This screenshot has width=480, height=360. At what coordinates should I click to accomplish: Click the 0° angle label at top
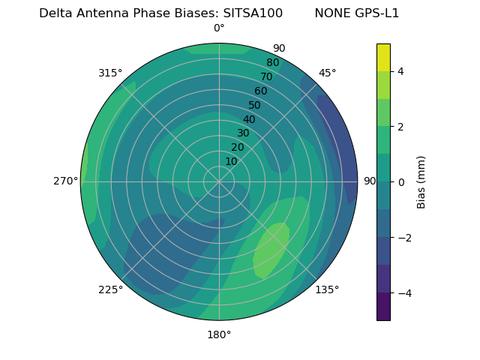click(x=219, y=28)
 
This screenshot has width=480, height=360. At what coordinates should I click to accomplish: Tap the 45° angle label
click(x=327, y=73)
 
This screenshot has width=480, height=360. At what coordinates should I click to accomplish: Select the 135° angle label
click(x=327, y=289)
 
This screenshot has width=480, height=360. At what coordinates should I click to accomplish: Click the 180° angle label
click(x=219, y=334)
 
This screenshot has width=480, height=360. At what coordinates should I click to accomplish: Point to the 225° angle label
click(x=110, y=289)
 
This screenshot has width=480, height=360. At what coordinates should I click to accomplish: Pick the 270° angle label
click(x=66, y=181)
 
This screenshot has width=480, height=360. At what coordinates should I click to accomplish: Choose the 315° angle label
click(x=110, y=73)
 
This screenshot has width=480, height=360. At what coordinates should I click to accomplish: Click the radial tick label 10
click(x=231, y=161)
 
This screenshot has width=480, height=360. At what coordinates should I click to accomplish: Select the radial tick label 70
click(x=267, y=76)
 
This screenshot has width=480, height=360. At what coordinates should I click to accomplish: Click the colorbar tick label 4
click(x=401, y=71)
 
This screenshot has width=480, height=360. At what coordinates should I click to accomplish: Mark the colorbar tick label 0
click(x=401, y=182)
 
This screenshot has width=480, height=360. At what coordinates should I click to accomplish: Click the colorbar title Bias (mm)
click(x=421, y=181)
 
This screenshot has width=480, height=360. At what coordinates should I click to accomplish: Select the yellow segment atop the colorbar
click(x=383, y=57)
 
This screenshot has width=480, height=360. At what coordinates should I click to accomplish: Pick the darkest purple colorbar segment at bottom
click(x=383, y=307)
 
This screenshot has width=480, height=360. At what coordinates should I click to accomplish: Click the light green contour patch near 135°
click(x=270, y=249)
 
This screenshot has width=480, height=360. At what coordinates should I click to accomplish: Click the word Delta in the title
click(x=56, y=13)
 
